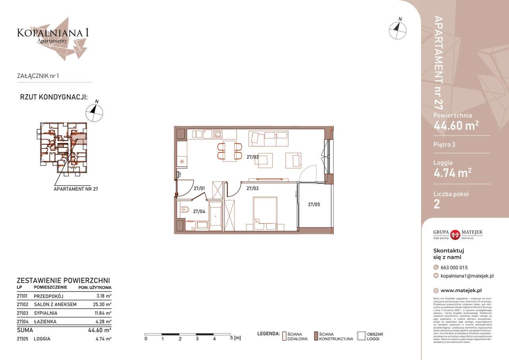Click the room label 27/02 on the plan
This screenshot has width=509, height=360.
253,157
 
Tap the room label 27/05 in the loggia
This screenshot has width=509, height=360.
314,204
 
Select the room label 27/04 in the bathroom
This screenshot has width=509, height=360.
199,212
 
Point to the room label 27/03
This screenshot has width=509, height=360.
253,189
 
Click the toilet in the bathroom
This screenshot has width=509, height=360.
184,210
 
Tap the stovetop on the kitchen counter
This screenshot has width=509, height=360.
218,134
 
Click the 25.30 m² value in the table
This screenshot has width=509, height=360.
102,305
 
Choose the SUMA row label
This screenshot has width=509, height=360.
25,330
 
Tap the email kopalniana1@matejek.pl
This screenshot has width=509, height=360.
467,276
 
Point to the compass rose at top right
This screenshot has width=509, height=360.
398,29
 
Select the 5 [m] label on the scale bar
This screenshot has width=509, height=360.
235,339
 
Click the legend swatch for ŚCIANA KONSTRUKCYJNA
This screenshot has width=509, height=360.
316,336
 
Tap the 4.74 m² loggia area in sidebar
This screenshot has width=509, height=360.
453,172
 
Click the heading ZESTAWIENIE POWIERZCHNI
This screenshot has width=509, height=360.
63,280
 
